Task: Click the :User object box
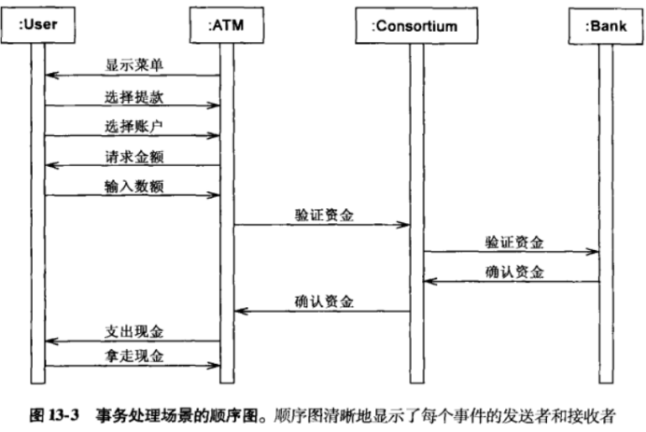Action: click(x=37, y=25)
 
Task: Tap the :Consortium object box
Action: click(x=415, y=25)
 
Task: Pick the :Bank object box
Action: click(x=603, y=25)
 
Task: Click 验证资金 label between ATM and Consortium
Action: click(x=322, y=216)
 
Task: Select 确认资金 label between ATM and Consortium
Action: click(x=322, y=301)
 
